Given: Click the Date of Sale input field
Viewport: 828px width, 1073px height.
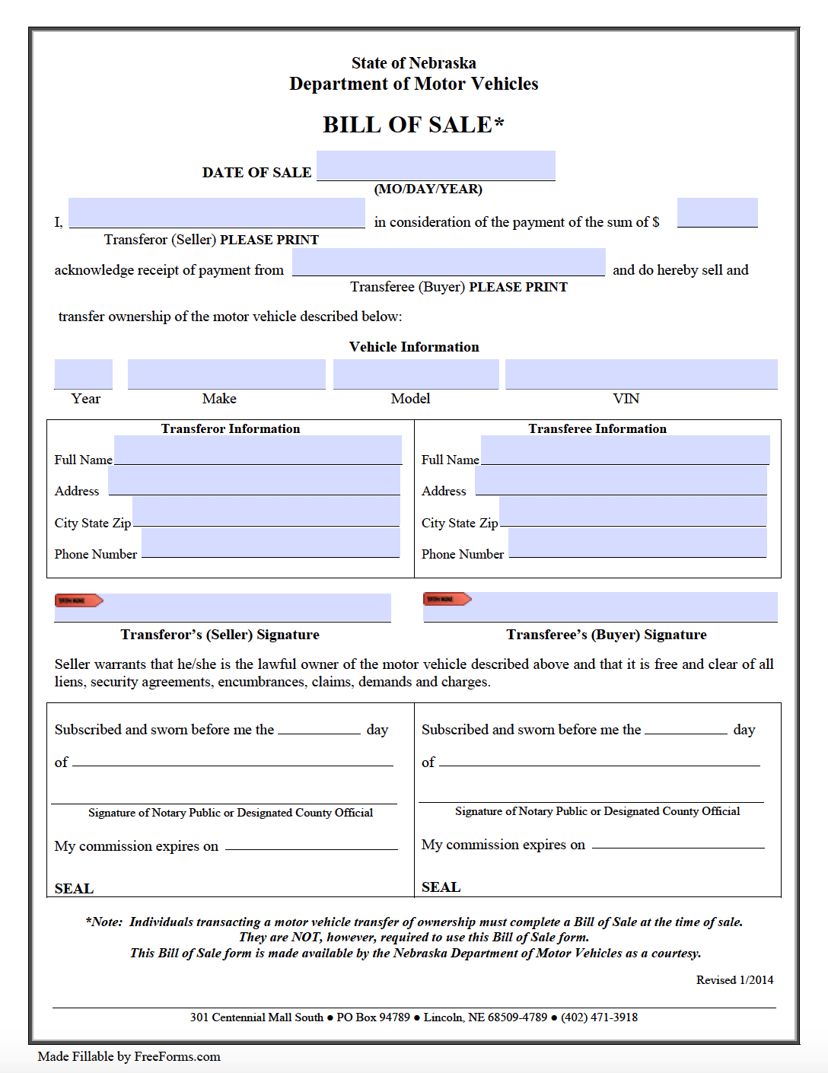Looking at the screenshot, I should click(435, 165).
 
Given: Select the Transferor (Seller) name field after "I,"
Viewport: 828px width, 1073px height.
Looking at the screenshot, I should click(217, 212).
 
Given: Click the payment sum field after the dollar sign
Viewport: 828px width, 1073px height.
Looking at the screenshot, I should click(717, 212).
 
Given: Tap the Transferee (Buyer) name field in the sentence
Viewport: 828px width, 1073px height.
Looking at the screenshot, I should click(448, 262).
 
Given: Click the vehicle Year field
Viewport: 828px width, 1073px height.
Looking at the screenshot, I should click(84, 374).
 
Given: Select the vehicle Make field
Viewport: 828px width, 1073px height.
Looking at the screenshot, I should click(226, 374).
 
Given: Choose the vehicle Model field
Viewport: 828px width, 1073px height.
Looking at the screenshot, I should click(416, 374).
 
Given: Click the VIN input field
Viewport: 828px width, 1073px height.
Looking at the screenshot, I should click(641, 374).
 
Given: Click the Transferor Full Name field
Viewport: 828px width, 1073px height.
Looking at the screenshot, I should click(257, 450).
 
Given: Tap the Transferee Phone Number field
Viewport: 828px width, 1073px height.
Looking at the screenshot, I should click(637, 543).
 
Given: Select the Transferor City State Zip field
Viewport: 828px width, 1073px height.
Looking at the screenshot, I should click(266, 511).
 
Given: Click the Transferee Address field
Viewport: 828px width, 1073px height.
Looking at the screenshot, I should click(620, 481).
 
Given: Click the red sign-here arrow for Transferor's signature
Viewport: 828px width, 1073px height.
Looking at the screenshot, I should click(78, 600).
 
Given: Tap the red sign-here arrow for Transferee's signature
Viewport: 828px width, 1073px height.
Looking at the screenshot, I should click(447, 599).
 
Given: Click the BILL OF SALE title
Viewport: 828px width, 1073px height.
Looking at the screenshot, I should click(413, 125).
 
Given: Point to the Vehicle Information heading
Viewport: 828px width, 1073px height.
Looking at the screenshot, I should click(414, 347).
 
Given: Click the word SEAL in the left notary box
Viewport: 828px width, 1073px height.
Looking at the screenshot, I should click(74, 888).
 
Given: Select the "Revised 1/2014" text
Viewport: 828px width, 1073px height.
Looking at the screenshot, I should click(734, 980).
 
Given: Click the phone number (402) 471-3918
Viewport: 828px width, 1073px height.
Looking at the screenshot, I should click(599, 1017).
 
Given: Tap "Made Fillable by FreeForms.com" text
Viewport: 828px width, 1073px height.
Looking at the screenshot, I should click(129, 1056).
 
